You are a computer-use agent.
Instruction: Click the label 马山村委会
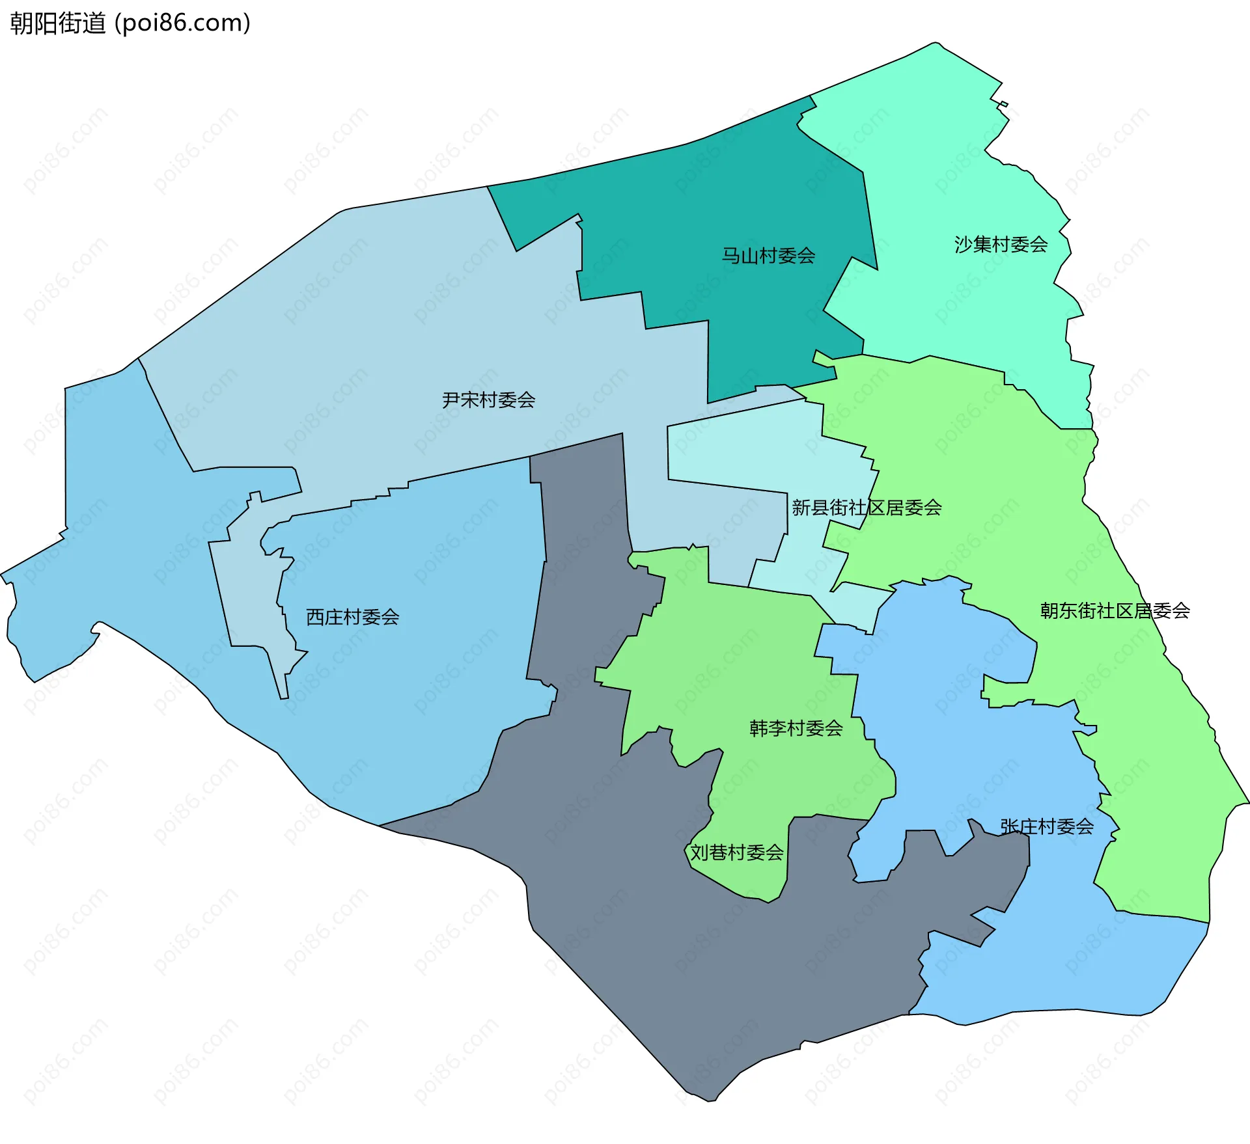(768, 256)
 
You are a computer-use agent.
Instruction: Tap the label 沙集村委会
(1001, 245)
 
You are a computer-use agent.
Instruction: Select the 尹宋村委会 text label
(488, 400)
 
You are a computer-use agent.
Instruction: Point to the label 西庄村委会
(352, 617)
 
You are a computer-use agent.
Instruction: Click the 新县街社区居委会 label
(867, 508)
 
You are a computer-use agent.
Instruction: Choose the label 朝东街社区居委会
(1115, 610)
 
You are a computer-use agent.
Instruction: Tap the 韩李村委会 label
(796, 728)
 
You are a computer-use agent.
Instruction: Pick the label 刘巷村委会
(736, 852)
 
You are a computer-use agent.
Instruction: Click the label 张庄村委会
(1046, 826)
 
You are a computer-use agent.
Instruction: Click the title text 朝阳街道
(57, 23)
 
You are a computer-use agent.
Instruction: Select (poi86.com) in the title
(182, 23)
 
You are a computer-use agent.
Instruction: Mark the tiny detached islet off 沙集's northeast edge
(1003, 104)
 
